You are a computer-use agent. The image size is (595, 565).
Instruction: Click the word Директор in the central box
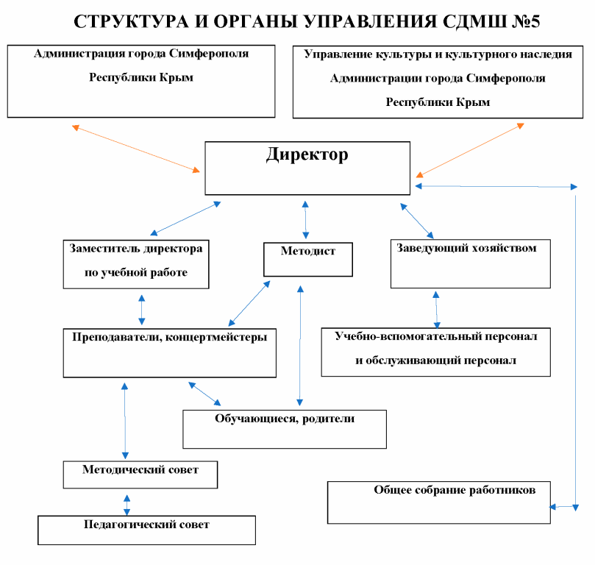pyautogui.click(x=307, y=155)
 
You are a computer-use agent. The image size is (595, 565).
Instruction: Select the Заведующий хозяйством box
pyautogui.click(x=470, y=263)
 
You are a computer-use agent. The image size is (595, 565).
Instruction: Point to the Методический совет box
pyautogui.click(x=140, y=475)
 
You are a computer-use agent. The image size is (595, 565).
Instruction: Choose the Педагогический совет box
pyautogui.click(x=146, y=530)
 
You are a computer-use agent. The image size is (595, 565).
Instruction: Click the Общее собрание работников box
pyautogui.click(x=439, y=502)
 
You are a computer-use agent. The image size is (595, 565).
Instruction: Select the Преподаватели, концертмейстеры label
pyautogui.click(x=169, y=337)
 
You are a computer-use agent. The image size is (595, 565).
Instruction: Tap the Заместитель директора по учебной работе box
pyautogui.click(x=136, y=263)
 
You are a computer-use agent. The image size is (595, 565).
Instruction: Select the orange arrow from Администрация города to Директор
pyautogui.click(x=136, y=149)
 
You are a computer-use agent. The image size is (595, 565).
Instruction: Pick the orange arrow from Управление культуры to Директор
pyautogui.click(x=470, y=150)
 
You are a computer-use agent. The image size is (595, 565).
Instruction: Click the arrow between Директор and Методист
pyautogui.click(x=306, y=218)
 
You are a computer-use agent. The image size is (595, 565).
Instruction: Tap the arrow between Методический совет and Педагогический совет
pyautogui.click(x=127, y=505)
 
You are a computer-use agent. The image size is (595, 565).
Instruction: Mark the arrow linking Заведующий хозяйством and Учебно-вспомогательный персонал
pyautogui.click(x=437, y=310)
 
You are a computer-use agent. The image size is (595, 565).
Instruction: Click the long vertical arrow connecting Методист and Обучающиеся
pyautogui.click(x=299, y=346)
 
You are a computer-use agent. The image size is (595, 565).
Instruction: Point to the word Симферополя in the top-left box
pyautogui.click(x=209, y=54)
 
